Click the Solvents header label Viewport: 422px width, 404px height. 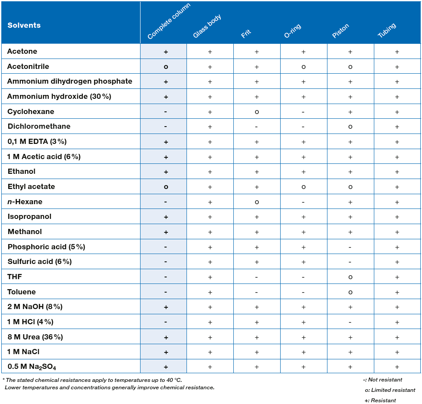coord(24,25)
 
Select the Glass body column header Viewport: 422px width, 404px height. coord(207,26)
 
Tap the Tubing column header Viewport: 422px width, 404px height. coord(387,30)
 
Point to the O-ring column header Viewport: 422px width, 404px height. coord(293,31)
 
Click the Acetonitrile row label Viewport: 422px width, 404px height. coord(28,66)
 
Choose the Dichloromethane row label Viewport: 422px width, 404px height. coord(39,127)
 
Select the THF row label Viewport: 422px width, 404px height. coord(15,277)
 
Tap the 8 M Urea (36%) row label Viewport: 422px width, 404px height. coord(35,337)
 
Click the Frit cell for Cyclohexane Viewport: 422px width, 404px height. coord(257,112)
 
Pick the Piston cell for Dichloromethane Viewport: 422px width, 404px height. coord(350,127)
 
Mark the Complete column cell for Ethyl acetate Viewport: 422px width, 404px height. coord(166,187)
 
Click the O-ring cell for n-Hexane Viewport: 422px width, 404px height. coord(303,202)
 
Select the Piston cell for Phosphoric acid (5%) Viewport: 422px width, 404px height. coord(350,247)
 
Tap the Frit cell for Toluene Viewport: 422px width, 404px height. coord(256,292)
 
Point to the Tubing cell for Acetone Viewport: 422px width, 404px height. coord(397,52)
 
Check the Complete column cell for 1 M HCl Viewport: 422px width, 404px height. coord(166,322)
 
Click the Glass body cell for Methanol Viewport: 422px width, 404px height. coord(210,232)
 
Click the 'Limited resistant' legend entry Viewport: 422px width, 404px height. coord(390,390)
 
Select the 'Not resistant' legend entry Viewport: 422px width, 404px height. coord(383,380)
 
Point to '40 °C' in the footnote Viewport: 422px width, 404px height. coord(174,380)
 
